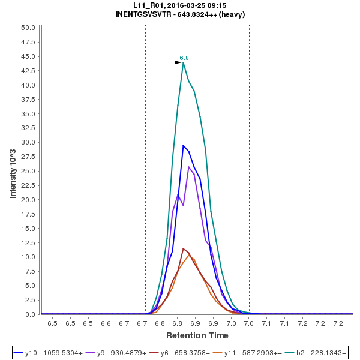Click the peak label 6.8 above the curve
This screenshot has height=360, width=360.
(184, 58)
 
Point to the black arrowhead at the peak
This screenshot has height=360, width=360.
(178, 62)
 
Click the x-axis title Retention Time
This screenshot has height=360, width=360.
(197, 335)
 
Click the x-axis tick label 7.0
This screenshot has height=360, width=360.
(249, 324)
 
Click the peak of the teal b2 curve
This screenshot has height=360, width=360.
(184, 62)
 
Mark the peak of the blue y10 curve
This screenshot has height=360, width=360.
(184, 145)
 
